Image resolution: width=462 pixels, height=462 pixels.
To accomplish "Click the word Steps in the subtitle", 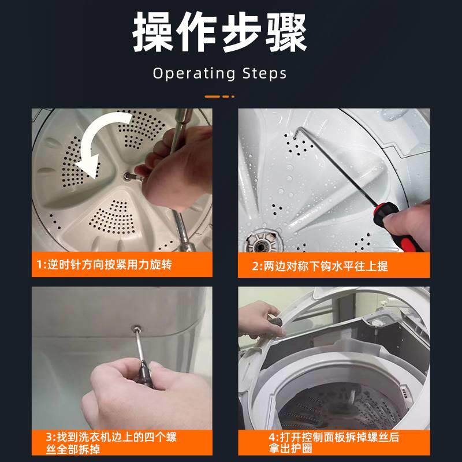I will tap(263, 73).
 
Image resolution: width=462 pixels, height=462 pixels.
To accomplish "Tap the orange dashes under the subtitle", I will tap(220, 95).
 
